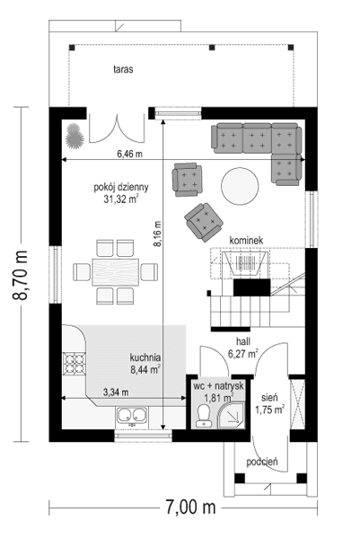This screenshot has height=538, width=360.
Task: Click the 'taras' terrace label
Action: tap(124, 68)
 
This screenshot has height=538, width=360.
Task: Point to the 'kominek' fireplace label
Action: tap(246, 241)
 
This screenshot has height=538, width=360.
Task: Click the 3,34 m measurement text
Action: tap(117, 392)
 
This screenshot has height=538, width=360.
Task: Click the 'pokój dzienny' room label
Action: tap(120, 188)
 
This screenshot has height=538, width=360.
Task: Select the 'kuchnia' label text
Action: tap(145, 357)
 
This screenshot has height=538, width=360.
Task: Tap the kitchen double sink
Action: tap(134, 416)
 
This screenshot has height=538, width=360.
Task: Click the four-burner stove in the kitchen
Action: tap(74, 362)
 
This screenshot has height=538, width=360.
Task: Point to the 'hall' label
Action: tap(243, 342)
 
